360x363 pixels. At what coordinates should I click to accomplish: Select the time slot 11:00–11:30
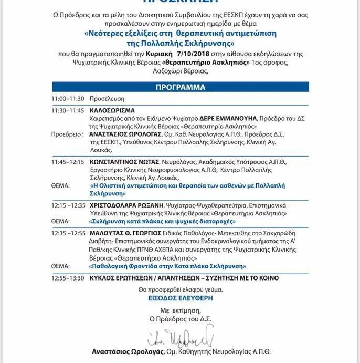coord(68,99)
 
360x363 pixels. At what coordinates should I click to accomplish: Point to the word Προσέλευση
coord(107,99)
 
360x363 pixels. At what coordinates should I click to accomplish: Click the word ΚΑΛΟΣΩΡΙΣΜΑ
coord(112,111)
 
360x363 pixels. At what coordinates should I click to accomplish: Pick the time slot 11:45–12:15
coord(68,162)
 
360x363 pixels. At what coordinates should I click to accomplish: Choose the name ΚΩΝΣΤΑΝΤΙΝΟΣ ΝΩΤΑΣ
coord(124,162)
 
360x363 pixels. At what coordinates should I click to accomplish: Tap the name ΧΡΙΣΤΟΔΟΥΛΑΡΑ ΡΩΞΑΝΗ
coord(128,205)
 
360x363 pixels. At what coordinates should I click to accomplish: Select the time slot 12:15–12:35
coord(68,205)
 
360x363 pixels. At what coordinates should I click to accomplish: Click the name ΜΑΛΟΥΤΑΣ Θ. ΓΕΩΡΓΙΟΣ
coord(124,232)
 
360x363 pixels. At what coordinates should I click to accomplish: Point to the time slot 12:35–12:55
coord(68,232)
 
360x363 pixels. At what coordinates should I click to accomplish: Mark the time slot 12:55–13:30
coord(68,277)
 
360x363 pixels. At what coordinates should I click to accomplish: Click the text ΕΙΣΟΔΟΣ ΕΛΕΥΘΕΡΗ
coord(180,297)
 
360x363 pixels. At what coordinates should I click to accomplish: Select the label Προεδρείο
coord(67,134)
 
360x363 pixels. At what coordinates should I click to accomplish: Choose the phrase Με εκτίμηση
coord(179,310)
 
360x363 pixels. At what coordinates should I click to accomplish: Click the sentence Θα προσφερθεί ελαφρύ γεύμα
coord(180,289)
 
